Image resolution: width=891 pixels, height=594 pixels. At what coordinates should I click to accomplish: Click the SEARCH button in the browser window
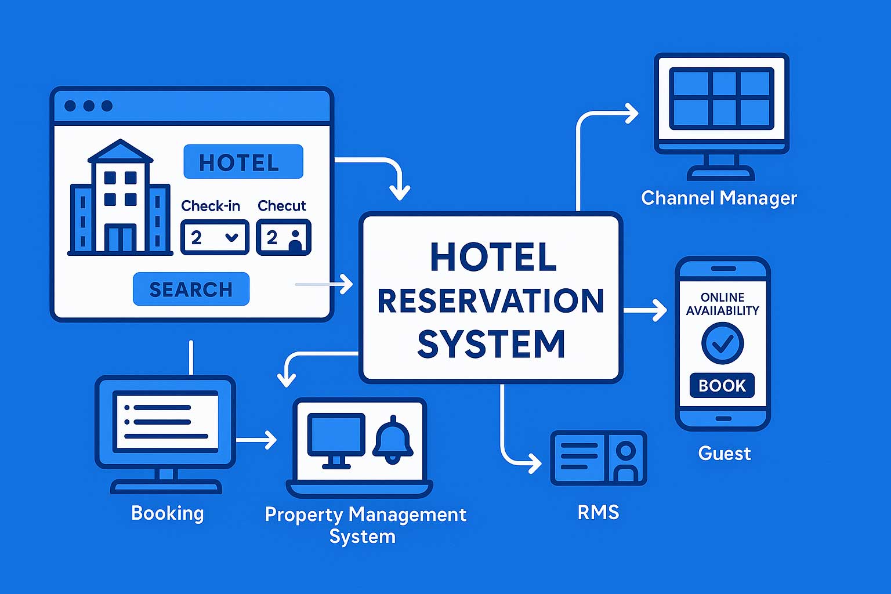[191, 289]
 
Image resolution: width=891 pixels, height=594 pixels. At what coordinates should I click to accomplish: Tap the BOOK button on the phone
[722, 385]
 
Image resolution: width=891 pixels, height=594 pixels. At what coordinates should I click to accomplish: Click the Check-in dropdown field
[215, 237]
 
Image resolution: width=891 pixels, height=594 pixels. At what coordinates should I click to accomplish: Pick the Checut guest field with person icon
[284, 237]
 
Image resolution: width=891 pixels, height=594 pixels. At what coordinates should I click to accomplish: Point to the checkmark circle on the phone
[722, 343]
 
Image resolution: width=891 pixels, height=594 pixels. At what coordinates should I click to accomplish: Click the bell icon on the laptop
[393, 440]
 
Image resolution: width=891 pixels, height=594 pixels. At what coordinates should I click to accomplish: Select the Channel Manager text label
[719, 198]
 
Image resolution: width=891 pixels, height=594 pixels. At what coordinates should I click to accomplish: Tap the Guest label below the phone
[724, 453]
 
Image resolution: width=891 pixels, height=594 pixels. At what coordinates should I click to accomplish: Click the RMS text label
[598, 512]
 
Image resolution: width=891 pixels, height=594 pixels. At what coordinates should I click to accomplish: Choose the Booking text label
[168, 513]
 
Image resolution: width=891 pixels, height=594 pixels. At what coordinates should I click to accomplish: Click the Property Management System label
[365, 524]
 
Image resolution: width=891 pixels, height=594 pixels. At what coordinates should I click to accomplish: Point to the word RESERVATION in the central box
[491, 300]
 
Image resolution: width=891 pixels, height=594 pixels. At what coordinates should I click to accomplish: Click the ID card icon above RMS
[598, 458]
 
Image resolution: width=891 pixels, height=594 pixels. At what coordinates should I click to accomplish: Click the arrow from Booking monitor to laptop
[256, 440]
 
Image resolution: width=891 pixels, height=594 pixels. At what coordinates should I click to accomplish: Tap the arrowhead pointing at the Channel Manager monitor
[631, 113]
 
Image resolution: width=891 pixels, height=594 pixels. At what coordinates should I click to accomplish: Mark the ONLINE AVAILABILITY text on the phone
[722, 304]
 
